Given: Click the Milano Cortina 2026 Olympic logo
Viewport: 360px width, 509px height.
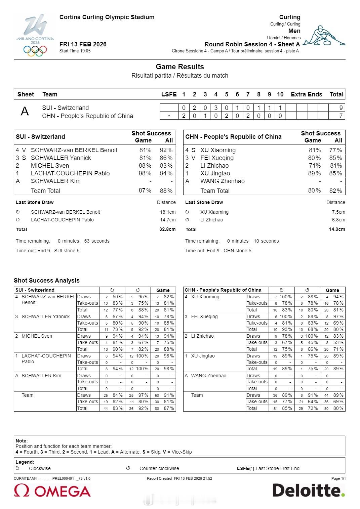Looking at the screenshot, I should (x=35, y=35).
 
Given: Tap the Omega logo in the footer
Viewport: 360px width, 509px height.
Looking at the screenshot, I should (x=52, y=491).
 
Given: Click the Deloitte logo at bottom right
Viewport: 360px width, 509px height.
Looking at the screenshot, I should (x=309, y=490).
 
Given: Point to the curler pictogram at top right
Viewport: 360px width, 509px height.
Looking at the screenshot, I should (x=324, y=36).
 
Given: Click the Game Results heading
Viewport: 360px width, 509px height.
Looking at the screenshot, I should (x=180, y=67).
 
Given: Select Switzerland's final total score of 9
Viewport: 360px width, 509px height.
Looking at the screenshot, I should (x=341, y=108).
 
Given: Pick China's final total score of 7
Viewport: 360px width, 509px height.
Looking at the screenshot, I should (x=341, y=116).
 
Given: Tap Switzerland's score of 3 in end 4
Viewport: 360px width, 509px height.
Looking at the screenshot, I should (x=216, y=108).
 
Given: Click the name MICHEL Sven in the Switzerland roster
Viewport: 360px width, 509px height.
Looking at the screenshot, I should (x=50, y=166).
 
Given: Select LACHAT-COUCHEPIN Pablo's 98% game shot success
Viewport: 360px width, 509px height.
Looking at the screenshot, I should (x=145, y=173).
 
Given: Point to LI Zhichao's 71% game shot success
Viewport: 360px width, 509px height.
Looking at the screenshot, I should (x=315, y=166).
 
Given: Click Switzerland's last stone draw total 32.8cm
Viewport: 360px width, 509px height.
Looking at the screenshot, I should (x=167, y=229).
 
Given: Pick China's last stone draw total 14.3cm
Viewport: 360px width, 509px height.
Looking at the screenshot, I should (x=337, y=229).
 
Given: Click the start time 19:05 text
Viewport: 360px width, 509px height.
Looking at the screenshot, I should (x=75, y=51).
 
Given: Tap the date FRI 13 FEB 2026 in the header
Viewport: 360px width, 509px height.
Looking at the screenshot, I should (x=83, y=44).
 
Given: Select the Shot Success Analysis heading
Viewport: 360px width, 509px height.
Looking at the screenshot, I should (x=47, y=281).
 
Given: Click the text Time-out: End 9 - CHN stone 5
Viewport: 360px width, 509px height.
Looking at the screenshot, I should (x=218, y=251).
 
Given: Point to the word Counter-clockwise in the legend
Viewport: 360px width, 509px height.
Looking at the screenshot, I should (x=159, y=468).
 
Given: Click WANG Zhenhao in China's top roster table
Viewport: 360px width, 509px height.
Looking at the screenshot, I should (x=223, y=181).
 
